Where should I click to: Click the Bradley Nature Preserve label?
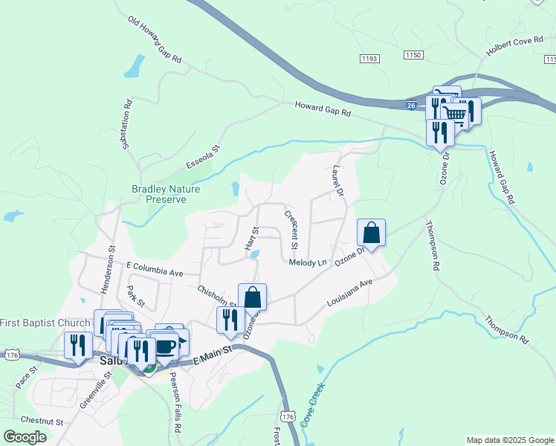[x=166, y=195]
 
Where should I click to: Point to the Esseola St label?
[x=204, y=157]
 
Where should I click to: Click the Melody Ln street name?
[x=308, y=262]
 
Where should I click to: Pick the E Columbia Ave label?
[x=155, y=268]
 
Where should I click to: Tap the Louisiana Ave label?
[x=349, y=294]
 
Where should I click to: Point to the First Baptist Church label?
[x=45, y=323]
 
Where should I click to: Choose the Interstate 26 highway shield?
[x=411, y=106]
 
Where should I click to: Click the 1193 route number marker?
[x=370, y=58]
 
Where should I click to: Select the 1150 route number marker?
[x=414, y=55]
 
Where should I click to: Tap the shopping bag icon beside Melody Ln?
[x=371, y=233]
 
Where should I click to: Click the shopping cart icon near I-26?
[x=454, y=113]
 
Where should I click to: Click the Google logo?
[x=25, y=437]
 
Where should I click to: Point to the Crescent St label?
[x=291, y=229]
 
